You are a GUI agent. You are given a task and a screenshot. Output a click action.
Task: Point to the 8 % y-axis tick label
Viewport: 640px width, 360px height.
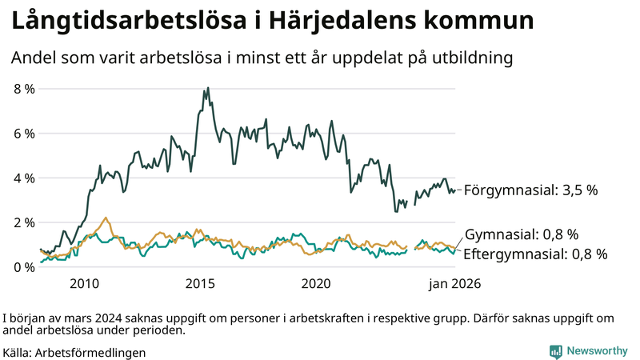coord(24,89)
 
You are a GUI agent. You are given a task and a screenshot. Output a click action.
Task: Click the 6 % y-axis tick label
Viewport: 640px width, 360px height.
coord(24,134)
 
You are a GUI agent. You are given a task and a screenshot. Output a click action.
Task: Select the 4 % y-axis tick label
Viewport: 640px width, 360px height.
coord(24,178)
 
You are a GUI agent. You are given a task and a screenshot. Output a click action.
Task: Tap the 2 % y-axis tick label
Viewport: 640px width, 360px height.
coord(24,222)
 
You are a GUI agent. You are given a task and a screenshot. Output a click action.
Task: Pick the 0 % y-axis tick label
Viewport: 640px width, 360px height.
coord(24,266)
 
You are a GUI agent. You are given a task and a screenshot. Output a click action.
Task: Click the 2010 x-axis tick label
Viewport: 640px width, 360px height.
coord(84,284)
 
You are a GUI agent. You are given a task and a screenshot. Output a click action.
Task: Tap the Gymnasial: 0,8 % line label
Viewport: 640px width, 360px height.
coord(521,234)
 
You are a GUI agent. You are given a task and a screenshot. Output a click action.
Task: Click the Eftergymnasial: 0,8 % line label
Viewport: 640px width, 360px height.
coord(535,254)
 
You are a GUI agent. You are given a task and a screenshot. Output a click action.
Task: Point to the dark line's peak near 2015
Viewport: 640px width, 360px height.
coord(208,88)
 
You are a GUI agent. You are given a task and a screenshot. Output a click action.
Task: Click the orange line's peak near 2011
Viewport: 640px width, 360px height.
coord(106,218)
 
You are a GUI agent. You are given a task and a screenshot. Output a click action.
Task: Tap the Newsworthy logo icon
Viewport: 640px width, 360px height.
coord(555,351)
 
